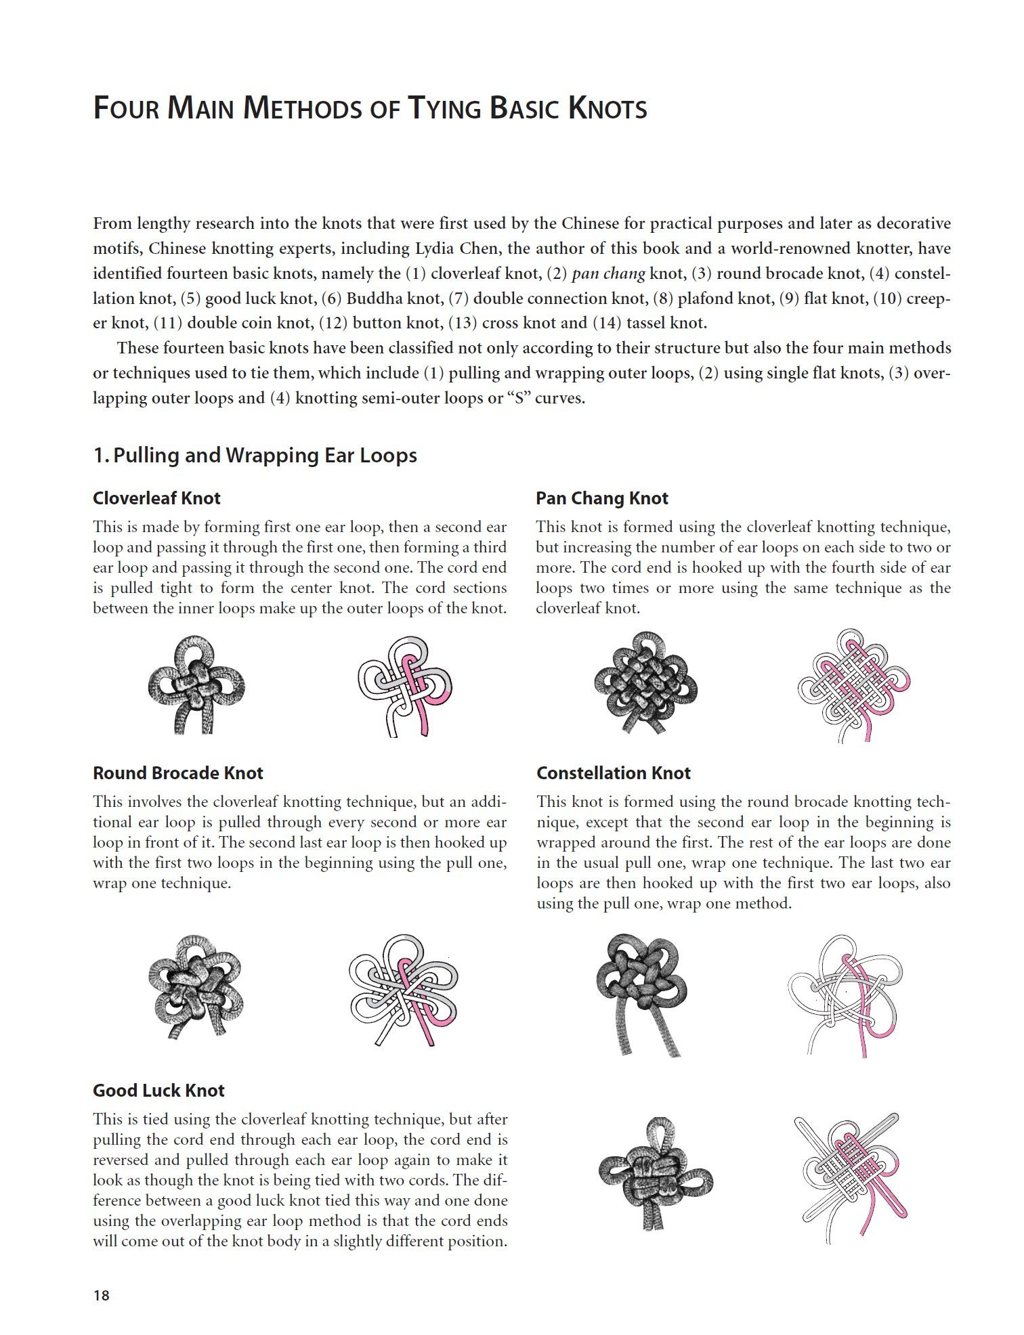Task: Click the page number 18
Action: click(x=101, y=1295)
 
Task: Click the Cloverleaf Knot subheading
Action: click(x=156, y=498)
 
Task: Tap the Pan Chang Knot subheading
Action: click(x=601, y=498)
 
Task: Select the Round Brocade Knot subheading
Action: click(x=177, y=773)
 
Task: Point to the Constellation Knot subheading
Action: click(x=613, y=773)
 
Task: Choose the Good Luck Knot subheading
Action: click(x=158, y=1090)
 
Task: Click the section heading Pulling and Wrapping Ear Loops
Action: click(x=255, y=455)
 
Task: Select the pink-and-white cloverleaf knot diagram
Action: click(x=404, y=685)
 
